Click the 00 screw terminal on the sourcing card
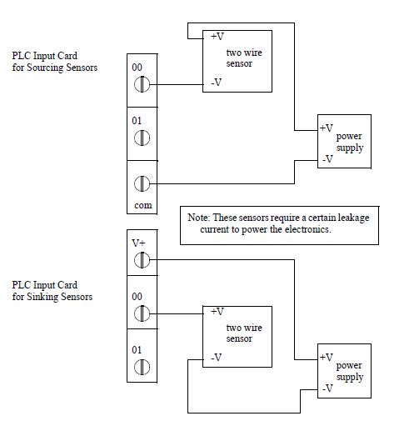pyautogui.click(x=142, y=84)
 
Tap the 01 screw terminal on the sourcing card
pyautogui.click(x=142, y=138)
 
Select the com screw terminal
pyautogui.click(x=142, y=183)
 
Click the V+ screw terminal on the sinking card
pyautogui.click(x=142, y=260)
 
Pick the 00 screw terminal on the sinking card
pyautogui.click(x=142, y=313)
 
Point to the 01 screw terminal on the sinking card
pyautogui.click(x=142, y=367)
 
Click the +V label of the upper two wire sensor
pyautogui.click(x=217, y=37)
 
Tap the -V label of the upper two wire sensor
pyautogui.click(x=217, y=83)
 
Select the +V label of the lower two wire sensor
pyautogui.click(x=217, y=312)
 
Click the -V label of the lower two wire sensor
pyautogui.click(x=217, y=357)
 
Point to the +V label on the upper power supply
pyautogui.click(x=327, y=128)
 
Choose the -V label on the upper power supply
pyautogui.click(x=327, y=159)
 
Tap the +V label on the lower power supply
pyautogui.click(x=327, y=357)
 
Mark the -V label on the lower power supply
pyautogui.click(x=327, y=388)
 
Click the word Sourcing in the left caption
pyautogui.click(x=45, y=68)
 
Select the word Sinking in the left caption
pyautogui.click(x=42, y=297)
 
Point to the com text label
pyautogui.click(x=143, y=205)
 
